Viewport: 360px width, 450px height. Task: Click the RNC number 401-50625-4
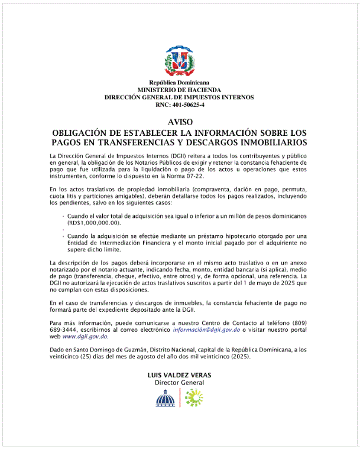pos(179,105)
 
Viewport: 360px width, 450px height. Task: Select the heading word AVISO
pos(179,122)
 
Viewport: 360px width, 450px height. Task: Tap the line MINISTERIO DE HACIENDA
pos(179,90)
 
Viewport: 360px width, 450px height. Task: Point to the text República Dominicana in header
pos(179,83)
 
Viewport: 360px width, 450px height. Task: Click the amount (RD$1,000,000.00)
pos(94,223)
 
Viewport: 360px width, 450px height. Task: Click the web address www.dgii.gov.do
pos(85,337)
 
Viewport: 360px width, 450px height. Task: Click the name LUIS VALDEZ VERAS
pos(179,375)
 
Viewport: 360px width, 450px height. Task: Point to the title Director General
pos(179,383)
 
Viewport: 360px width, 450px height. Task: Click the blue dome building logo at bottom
pos(166,399)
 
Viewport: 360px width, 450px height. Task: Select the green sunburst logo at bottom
pos(193,399)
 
